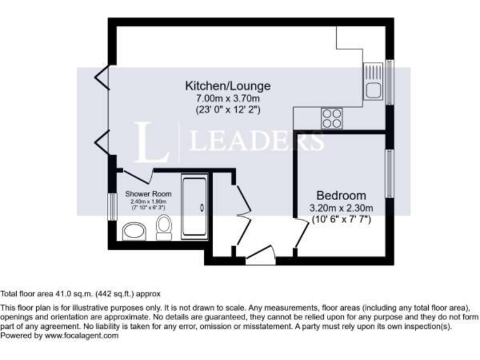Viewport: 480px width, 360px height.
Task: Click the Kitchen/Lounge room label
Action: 227,85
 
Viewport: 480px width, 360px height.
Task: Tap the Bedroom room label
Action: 341,195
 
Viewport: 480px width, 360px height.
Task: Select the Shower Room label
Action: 148,194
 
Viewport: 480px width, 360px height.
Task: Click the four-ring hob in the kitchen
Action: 332,118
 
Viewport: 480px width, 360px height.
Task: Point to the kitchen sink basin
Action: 374,91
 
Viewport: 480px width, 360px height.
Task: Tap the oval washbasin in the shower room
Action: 134,232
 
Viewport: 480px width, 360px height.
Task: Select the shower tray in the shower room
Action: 196,207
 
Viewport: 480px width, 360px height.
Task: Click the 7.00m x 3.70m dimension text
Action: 227,98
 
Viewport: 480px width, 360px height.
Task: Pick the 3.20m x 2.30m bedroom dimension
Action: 341,208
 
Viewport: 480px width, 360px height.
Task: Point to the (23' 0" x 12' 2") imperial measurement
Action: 227,110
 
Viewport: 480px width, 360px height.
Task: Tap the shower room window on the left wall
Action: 112,207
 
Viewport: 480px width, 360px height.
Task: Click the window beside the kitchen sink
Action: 389,82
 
